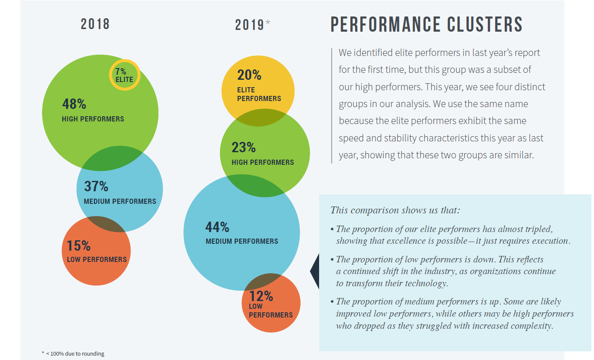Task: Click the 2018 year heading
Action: (x=95, y=24)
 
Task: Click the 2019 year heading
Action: (x=249, y=25)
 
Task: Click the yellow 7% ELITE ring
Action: (x=124, y=75)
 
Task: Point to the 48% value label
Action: (x=74, y=104)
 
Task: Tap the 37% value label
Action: (x=96, y=187)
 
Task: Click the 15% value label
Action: (x=78, y=246)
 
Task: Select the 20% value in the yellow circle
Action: (x=249, y=75)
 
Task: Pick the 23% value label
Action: (x=244, y=147)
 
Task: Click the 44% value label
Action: (x=217, y=227)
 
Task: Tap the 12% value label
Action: (x=261, y=296)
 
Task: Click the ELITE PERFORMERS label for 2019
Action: (x=259, y=95)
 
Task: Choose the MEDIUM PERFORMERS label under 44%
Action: (x=242, y=241)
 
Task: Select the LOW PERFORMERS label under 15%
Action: (x=97, y=259)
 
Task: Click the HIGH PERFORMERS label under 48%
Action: (x=93, y=119)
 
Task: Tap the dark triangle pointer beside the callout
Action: (x=315, y=272)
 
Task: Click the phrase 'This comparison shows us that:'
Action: (x=395, y=210)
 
